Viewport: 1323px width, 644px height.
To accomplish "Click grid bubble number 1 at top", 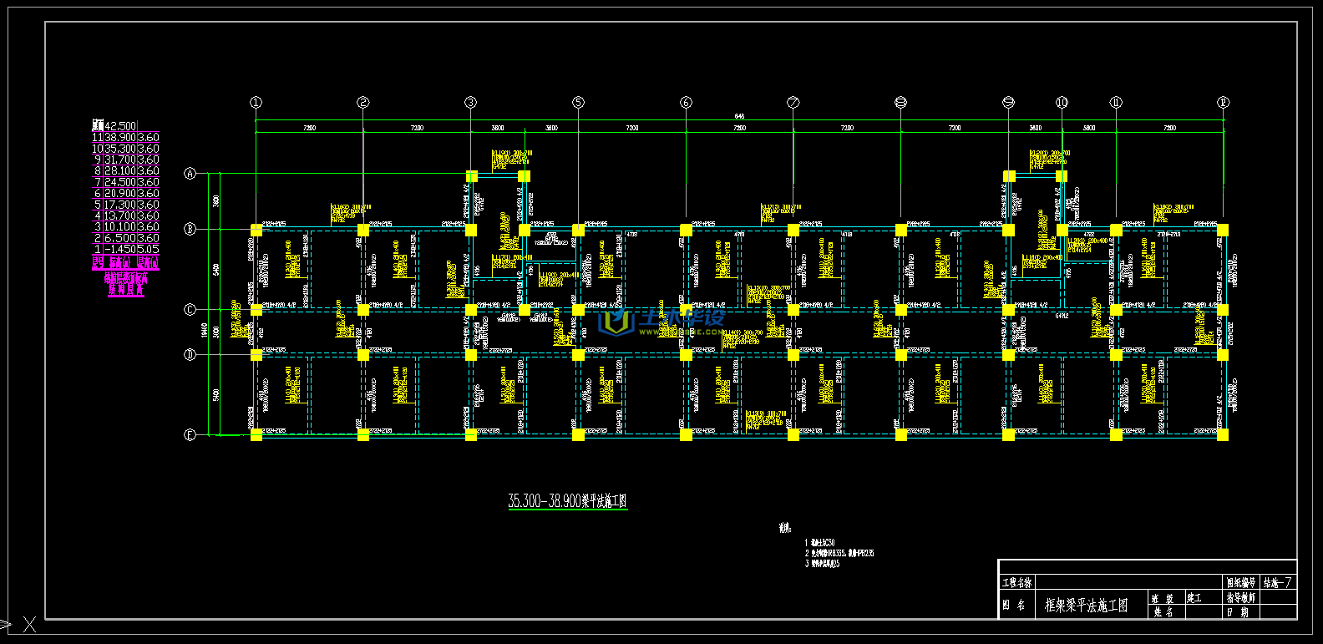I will pos(256,103).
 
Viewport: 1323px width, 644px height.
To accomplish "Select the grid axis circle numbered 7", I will pos(793,103).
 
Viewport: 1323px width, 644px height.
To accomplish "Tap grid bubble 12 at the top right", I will pos(1223,103).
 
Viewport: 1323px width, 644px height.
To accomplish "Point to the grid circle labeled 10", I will pos(1062,103).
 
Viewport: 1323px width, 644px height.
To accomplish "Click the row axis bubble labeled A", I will pos(190,174).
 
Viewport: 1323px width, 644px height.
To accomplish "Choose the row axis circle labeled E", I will pos(190,434).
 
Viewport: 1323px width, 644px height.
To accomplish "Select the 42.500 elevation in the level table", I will pos(120,126).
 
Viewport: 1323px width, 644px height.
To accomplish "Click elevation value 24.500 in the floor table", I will pos(120,182).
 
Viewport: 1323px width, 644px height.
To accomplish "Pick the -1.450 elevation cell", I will pos(120,249).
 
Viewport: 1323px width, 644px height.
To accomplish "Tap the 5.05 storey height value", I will pos(148,249).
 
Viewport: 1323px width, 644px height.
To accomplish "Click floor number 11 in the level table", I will pos(97,137).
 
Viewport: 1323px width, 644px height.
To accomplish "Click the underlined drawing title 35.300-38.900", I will pos(567,501).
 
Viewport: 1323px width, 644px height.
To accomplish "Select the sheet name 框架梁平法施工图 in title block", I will pos(1086,606).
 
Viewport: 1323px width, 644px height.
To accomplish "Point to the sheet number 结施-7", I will pos(1278,583).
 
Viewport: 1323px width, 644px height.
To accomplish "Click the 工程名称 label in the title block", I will pos(1017,583).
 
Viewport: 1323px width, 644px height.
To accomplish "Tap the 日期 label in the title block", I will pos(1239,612).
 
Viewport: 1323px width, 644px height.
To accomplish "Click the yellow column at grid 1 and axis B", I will pos(256,230).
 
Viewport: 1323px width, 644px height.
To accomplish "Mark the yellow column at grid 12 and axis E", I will pos(1223,434).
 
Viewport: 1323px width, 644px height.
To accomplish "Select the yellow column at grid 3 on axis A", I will pos(471,176).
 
